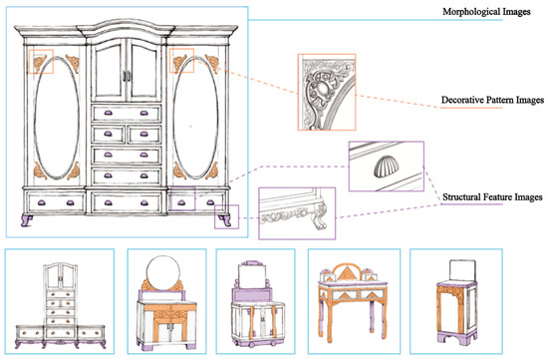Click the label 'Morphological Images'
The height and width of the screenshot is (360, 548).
click(486, 12)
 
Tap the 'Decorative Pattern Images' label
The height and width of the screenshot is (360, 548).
click(492, 100)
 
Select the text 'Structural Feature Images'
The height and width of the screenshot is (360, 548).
click(492, 197)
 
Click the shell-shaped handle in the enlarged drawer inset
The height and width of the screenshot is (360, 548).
click(385, 167)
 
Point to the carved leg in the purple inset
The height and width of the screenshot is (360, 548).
click(321, 214)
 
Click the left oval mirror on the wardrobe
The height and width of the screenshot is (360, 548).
click(57, 118)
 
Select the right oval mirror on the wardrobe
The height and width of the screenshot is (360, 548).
click(195, 118)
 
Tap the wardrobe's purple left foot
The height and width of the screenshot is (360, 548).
click(27, 220)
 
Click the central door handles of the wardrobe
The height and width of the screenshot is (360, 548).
click(127, 76)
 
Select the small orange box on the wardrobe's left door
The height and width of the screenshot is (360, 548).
click(41, 62)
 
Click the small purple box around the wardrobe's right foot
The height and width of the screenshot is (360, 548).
click(226, 217)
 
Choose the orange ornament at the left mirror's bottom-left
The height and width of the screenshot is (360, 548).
click(40, 172)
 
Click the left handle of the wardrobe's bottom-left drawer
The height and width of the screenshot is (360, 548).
click(42, 202)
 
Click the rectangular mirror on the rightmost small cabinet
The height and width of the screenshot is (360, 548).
click(462, 270)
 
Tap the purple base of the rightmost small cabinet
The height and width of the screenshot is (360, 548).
click(457, 338)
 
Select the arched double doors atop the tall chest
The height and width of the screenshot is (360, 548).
click(61, 276)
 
